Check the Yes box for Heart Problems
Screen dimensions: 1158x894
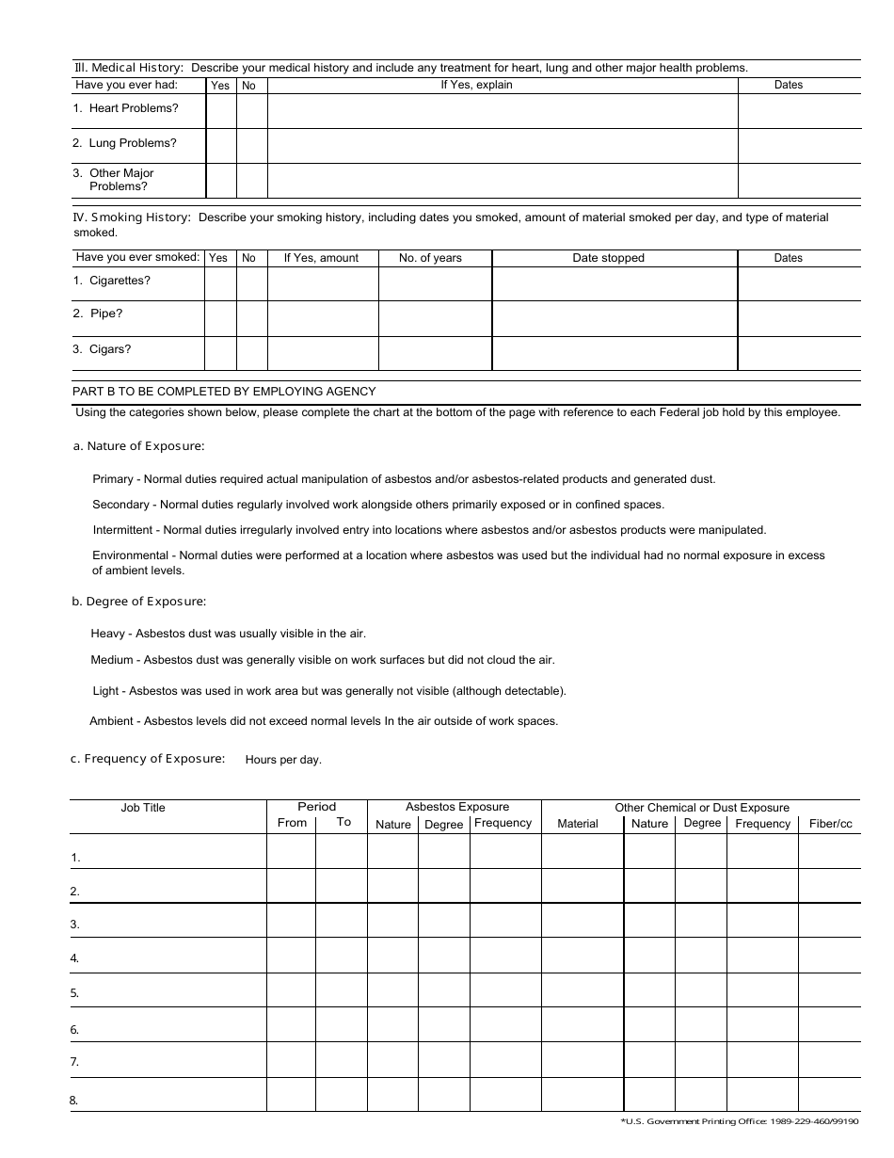[220, 111]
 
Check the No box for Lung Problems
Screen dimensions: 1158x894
[251, 146]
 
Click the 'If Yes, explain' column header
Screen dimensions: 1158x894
[476, 85]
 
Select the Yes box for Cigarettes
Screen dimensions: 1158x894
[220, 283]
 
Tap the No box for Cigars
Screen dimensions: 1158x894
[251, 353]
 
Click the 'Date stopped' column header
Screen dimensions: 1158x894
[608, 258]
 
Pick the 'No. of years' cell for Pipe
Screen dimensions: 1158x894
[435, 318]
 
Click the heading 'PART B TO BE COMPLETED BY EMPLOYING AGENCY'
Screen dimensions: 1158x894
[224, 392]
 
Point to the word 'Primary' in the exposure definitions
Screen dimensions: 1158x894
[113, 479]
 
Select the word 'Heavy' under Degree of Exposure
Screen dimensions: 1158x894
[107, 634]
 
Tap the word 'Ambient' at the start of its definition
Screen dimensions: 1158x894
[111, 721]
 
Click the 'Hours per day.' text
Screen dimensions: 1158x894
[283, 760]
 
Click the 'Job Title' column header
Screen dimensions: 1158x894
[143, 808]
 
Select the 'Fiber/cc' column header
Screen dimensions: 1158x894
[830, 824]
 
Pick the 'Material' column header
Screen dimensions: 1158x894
[577, 824]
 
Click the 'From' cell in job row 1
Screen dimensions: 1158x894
[291, 851]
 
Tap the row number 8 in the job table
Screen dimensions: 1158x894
[73, 1100]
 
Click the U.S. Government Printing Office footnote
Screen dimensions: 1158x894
[740, 1121]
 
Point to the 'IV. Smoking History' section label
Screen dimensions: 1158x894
[132, 217]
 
